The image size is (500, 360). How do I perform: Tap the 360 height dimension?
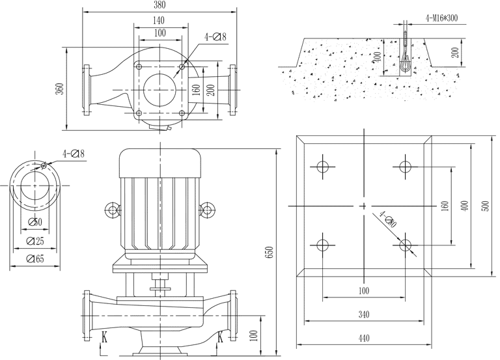(x=60, y=89)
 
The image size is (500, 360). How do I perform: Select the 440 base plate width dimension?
(x=363, y=338)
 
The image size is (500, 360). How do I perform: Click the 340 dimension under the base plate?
(x=363, y=314)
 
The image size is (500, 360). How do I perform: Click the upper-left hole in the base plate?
(x=322, y=166)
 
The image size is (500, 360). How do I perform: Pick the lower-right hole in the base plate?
(x=405, y=245)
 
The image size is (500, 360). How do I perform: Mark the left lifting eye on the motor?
(x=113, y=210)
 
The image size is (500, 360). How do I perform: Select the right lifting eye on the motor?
(x=208, y=210)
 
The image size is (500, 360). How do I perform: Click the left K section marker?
(x=104, y=337)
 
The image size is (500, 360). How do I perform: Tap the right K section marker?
(x=220, y=337)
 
